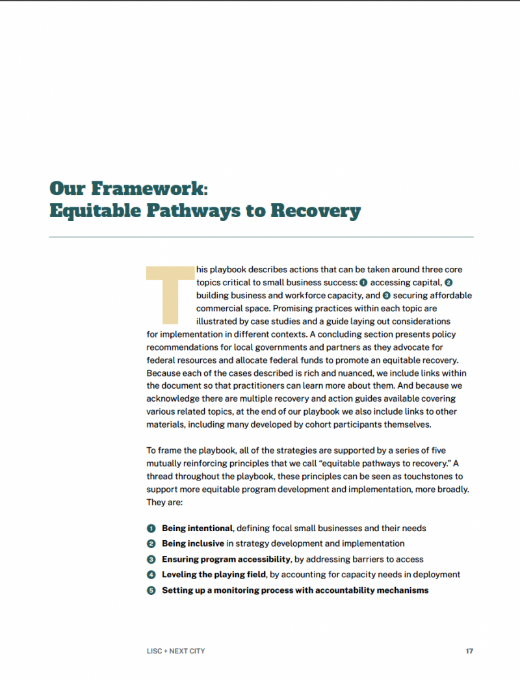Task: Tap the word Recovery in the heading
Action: [315, 211]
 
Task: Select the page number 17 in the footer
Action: [469, 651]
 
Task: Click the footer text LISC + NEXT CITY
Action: [175, 651]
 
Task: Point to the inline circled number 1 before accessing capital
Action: [363, 283]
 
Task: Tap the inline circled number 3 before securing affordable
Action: [386, 295]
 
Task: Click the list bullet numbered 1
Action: [151, 528]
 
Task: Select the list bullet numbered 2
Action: [151, 543]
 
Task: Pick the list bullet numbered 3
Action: [151, 559]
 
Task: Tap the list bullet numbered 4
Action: [151, 575]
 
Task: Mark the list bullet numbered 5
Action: [151, 590]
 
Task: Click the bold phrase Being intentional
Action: [197, 528]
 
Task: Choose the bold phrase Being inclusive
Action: [192, 543]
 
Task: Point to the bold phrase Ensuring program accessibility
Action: [226, 559]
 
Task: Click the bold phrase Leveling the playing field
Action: [214, 575]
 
